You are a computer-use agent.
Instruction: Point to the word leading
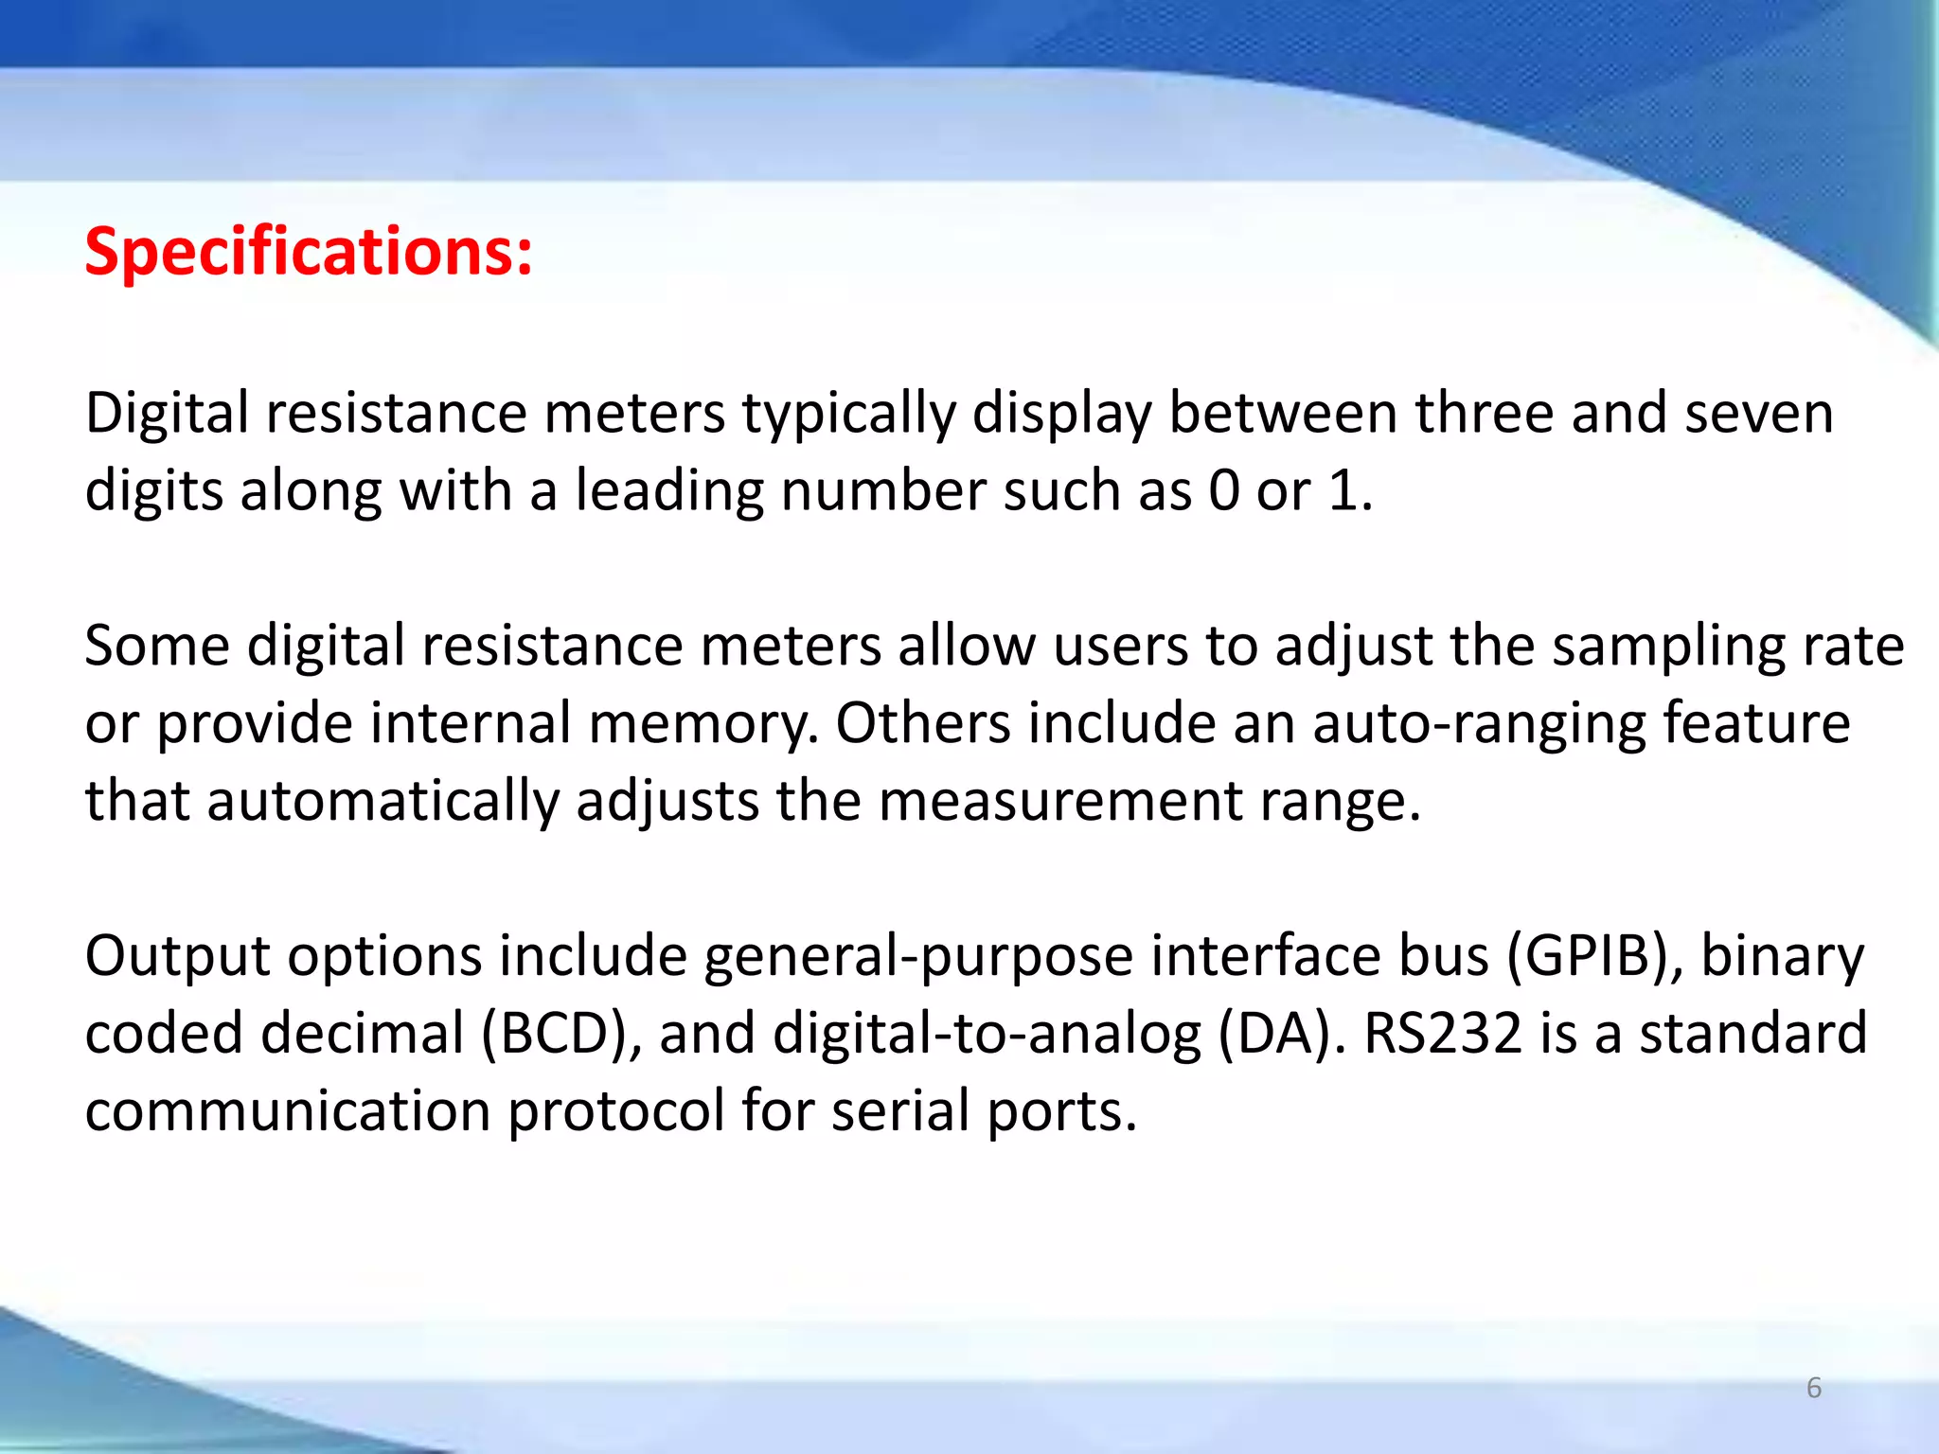click(x=668, y=492)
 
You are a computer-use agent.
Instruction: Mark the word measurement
click(x=1059, y=801)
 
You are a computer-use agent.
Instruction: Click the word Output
click(x=177, y=956)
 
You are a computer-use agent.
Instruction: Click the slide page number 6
click(x=1814, y=1388)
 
